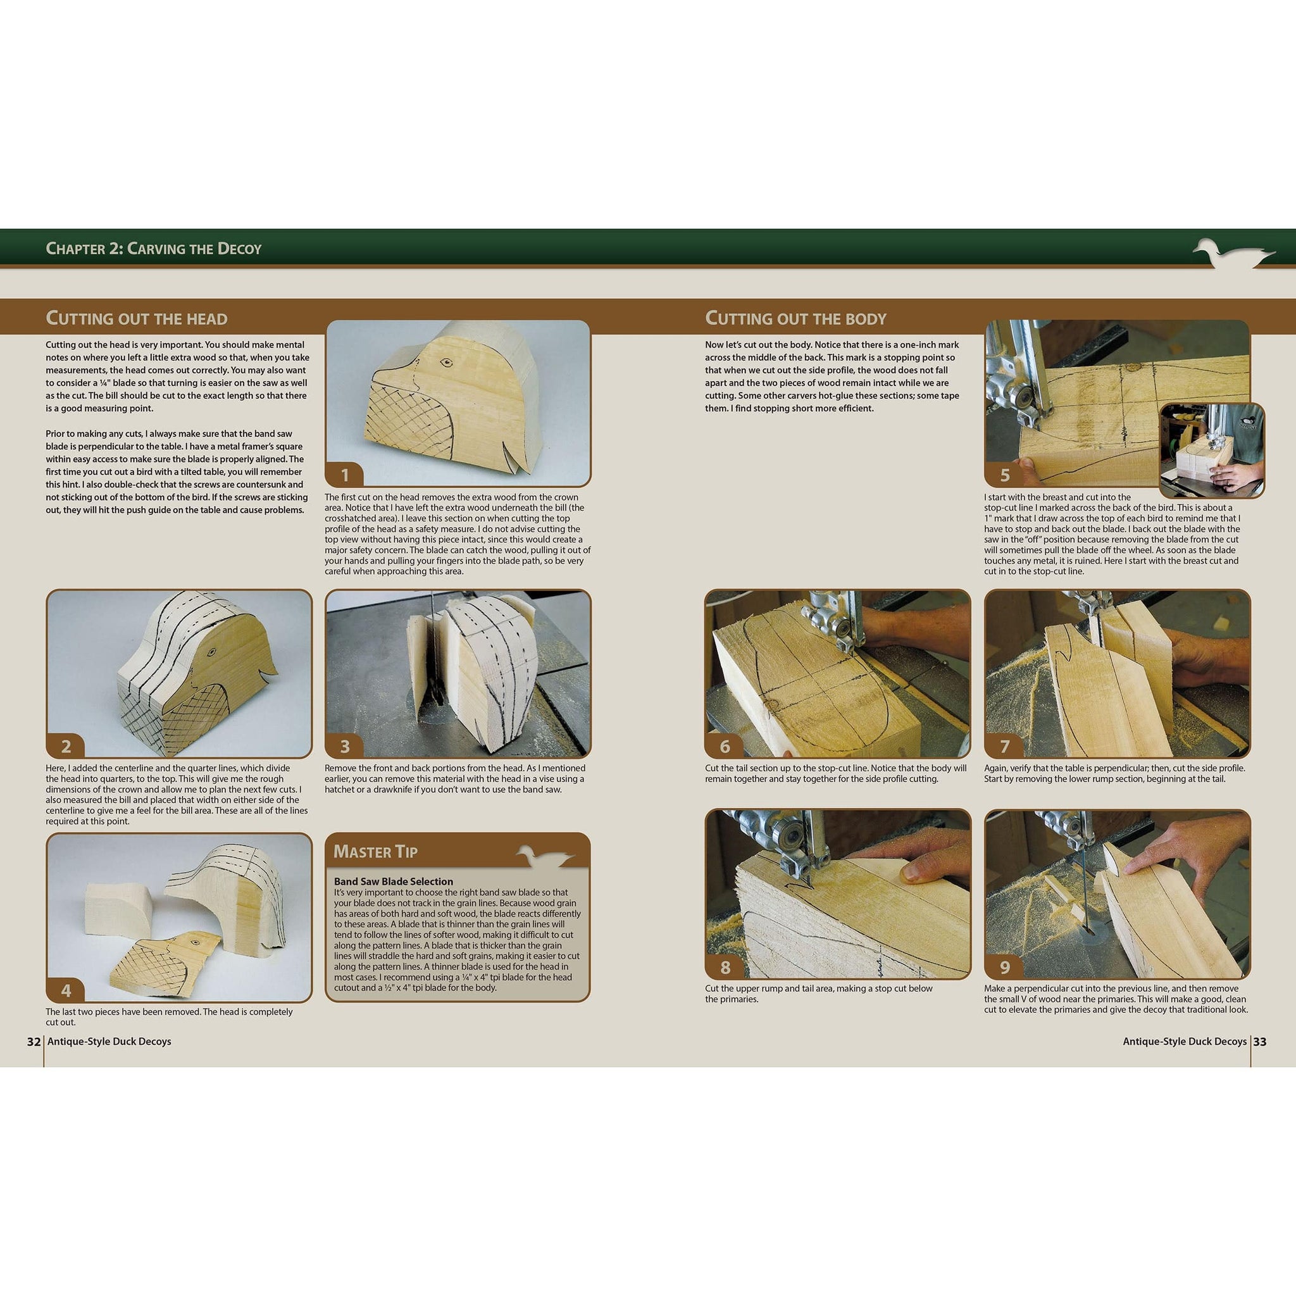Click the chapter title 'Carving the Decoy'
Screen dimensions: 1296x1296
154,249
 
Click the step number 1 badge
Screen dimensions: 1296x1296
345,476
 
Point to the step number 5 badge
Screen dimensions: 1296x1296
1004,476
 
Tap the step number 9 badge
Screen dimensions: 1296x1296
1004,968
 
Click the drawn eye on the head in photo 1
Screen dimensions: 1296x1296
445,363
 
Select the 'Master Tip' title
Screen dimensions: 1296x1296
376,851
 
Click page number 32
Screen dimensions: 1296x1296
34,1042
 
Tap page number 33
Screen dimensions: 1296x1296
1260,1042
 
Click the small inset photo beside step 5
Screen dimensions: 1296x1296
1211,449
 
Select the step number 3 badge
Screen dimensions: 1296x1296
345,747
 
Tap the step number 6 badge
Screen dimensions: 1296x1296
725,747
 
